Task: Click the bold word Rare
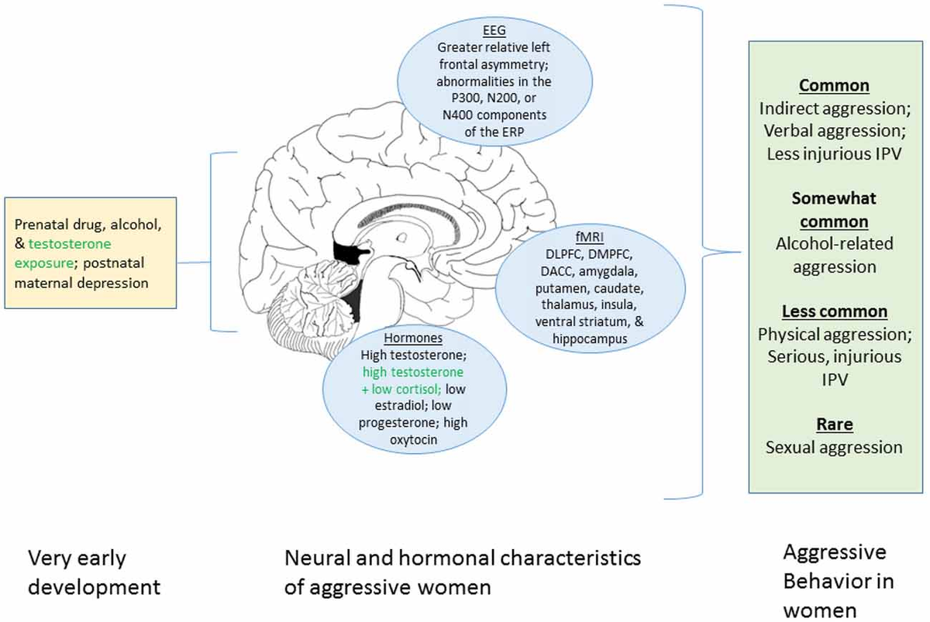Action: (834, 424)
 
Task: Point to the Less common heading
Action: (834, 311)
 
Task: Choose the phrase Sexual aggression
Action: (834, 447)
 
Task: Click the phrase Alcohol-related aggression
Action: (834, 255)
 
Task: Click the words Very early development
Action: (94, 572)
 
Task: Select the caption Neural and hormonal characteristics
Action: (463, 558)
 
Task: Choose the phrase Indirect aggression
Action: (834, 108)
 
